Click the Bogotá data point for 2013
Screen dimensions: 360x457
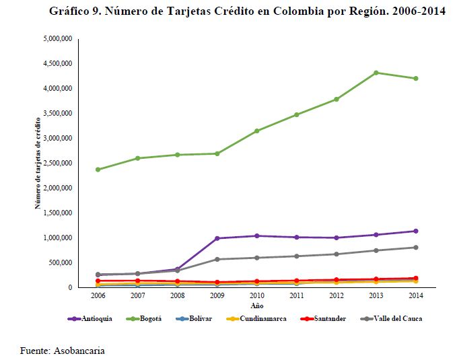pyautogui.click(x=376, y=73)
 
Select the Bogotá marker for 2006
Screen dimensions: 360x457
pyautogui.click(x=98, y=170)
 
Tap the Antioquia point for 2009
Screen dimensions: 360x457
pyautogui.click(x=217, y=238)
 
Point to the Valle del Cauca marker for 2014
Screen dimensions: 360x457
pyautogui.click(x=416, y=248)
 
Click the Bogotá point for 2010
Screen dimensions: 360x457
pyautogui.click(x=257, y=131)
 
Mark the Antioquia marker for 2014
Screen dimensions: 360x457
pyautogui.click(x=416, y=231)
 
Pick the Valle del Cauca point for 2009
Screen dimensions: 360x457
pyautogui.click(x=217, y=259)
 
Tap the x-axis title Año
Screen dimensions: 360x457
pyautogui.click(x=256, y=303)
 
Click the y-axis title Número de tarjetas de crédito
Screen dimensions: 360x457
pyautogui.click(x=39, y=162)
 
